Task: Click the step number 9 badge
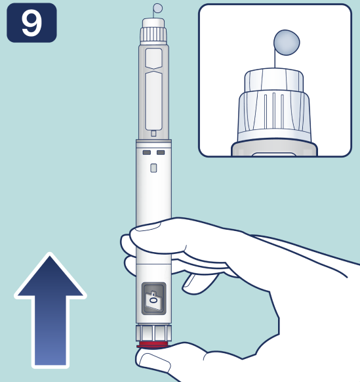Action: point(31,23)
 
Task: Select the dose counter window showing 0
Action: point(154,299)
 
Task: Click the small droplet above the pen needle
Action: point(158,8)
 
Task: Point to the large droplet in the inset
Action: point(287,43)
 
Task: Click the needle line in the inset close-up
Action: point(275,58)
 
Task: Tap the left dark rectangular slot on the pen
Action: point(146,152)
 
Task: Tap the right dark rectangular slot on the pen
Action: point(161,152)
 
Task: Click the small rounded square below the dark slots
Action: point(153,168)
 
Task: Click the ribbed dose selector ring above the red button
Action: point(153,333)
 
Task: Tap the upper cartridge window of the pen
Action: point(153,58)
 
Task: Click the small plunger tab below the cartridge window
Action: point(153,133)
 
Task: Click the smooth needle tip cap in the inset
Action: point(274,80)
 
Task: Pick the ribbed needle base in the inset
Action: point(274,116)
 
